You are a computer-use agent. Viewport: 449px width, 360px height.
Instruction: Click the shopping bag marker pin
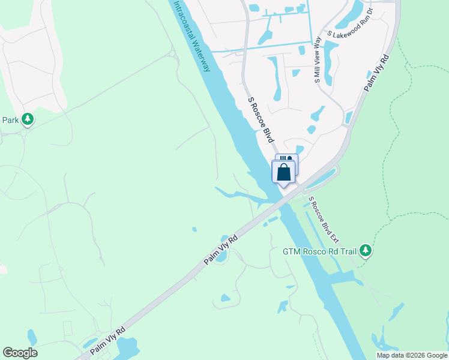[x=284, y=173]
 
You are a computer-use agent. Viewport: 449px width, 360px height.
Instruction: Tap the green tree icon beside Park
[x=28, y=120]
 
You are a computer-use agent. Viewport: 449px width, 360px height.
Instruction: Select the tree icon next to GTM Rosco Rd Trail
[x=366, y=251]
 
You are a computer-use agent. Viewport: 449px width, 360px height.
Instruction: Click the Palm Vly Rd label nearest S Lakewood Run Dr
[x=377, y=74]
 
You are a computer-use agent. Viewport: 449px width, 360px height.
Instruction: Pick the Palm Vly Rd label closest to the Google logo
[x=108, y=340]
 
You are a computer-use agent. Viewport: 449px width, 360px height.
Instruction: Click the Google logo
[x=20, y=353]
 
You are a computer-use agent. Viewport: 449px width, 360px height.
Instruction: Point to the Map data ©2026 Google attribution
[x=412, y=355]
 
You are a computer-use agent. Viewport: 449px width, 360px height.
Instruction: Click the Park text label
[x=11, y=120]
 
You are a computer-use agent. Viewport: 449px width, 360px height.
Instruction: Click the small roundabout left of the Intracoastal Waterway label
[x=173, y=55]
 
